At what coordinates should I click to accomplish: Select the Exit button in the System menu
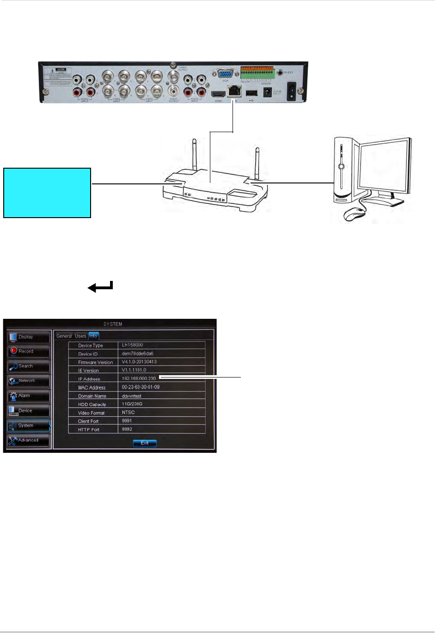tap(145, 443)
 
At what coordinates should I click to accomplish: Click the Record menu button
tap(28, 352)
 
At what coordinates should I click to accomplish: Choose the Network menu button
tap(28, 381)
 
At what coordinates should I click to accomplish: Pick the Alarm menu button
tap(28, 396)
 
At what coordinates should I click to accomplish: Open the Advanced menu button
tap(28, 440)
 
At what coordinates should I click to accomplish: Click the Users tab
tap(80, 336)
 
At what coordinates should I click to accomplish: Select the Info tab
tap(93, 336)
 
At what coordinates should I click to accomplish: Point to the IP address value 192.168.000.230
tap(139, 378)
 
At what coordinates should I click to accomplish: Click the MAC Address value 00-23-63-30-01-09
tap(141, 387)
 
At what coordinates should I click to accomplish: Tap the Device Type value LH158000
tap(132, 345)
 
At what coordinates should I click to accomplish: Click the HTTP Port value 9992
tap(127, 429)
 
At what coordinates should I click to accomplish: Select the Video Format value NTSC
tap(129, 413)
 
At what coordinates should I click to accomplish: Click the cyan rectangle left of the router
tap(47, 193)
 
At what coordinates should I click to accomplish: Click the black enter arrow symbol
tap(100, 287)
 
